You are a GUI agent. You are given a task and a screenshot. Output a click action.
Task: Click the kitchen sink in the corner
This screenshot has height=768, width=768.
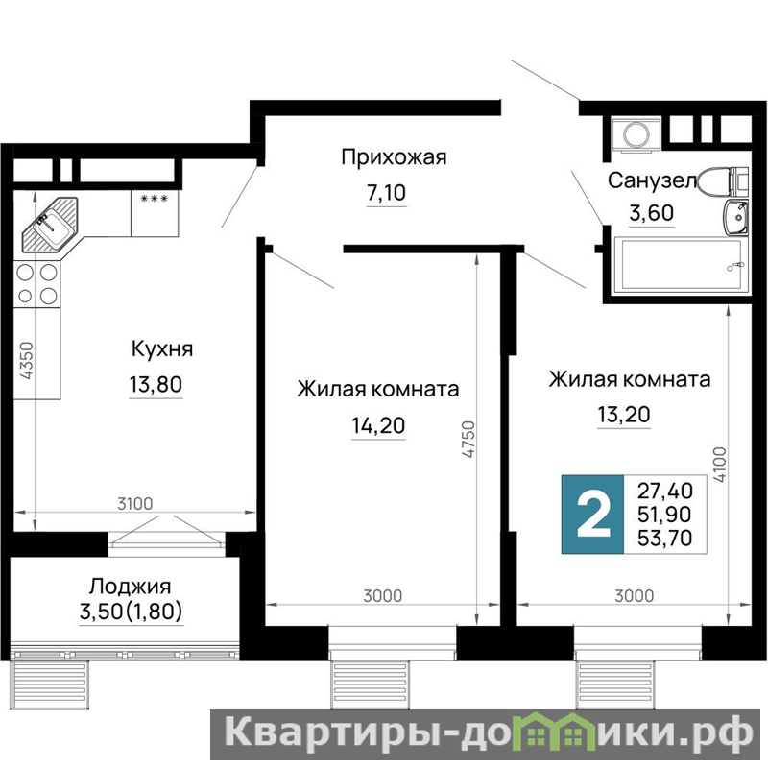click(x=50, y=225)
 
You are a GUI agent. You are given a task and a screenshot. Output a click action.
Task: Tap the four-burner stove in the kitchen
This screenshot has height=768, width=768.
click(x=36, y=284)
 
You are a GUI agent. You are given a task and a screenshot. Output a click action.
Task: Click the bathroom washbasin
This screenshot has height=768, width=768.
click(x=735, y=218)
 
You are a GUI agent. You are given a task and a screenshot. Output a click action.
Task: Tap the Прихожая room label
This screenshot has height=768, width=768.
click(x=394, y=158)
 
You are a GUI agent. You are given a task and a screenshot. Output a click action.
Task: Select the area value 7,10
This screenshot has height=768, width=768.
click(x=387, y=193)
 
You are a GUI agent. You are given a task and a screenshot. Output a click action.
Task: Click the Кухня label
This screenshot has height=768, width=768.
click(x=162, y=349)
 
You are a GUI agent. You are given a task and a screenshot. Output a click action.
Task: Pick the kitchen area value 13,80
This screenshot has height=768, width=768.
click(x=156, y=384)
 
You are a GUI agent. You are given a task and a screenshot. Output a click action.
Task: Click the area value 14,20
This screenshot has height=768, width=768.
click(x=378, y=425)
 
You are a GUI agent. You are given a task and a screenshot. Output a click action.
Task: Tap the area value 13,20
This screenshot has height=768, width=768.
click(x=624, y=415)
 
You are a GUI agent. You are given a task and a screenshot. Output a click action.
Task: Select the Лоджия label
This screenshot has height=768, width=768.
click(x=131, y=586)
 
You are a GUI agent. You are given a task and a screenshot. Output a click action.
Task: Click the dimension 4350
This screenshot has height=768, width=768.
click(x=27, y=361)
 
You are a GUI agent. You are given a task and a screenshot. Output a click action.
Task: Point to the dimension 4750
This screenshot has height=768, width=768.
click(x=468, y=440)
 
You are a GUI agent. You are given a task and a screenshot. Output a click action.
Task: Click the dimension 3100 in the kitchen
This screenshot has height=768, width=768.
click(x=135, y=503)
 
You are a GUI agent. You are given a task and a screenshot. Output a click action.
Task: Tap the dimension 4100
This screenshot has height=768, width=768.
click(x=719, y=465)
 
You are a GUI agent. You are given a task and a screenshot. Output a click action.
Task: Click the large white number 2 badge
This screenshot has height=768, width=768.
click(x=593, y=515)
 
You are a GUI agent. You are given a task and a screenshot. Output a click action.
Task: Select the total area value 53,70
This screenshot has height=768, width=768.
click(x=664, y=539)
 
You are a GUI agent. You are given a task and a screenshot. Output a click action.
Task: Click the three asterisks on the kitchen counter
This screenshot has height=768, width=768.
click(x=155, y=199)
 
